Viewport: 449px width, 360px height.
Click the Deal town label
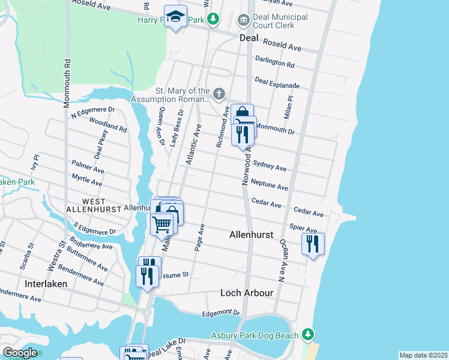tap(249, 37)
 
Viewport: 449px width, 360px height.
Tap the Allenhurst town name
tap(252, 236)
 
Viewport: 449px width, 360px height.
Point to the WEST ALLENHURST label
tap(94, 205)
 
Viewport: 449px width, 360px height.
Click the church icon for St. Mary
tap(220, 94)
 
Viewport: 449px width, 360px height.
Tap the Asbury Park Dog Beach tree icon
tap(308, 334)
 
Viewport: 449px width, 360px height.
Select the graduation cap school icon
tap(176, 17)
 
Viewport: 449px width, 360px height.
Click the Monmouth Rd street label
tap(67, 83)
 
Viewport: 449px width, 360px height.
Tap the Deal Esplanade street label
tap(276, 82)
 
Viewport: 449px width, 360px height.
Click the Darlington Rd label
tap(274, 62)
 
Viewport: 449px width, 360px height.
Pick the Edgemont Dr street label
tap(221, 313)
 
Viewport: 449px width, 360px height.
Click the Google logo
tap(20, 352)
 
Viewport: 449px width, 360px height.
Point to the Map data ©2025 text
tap(423, 355)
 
